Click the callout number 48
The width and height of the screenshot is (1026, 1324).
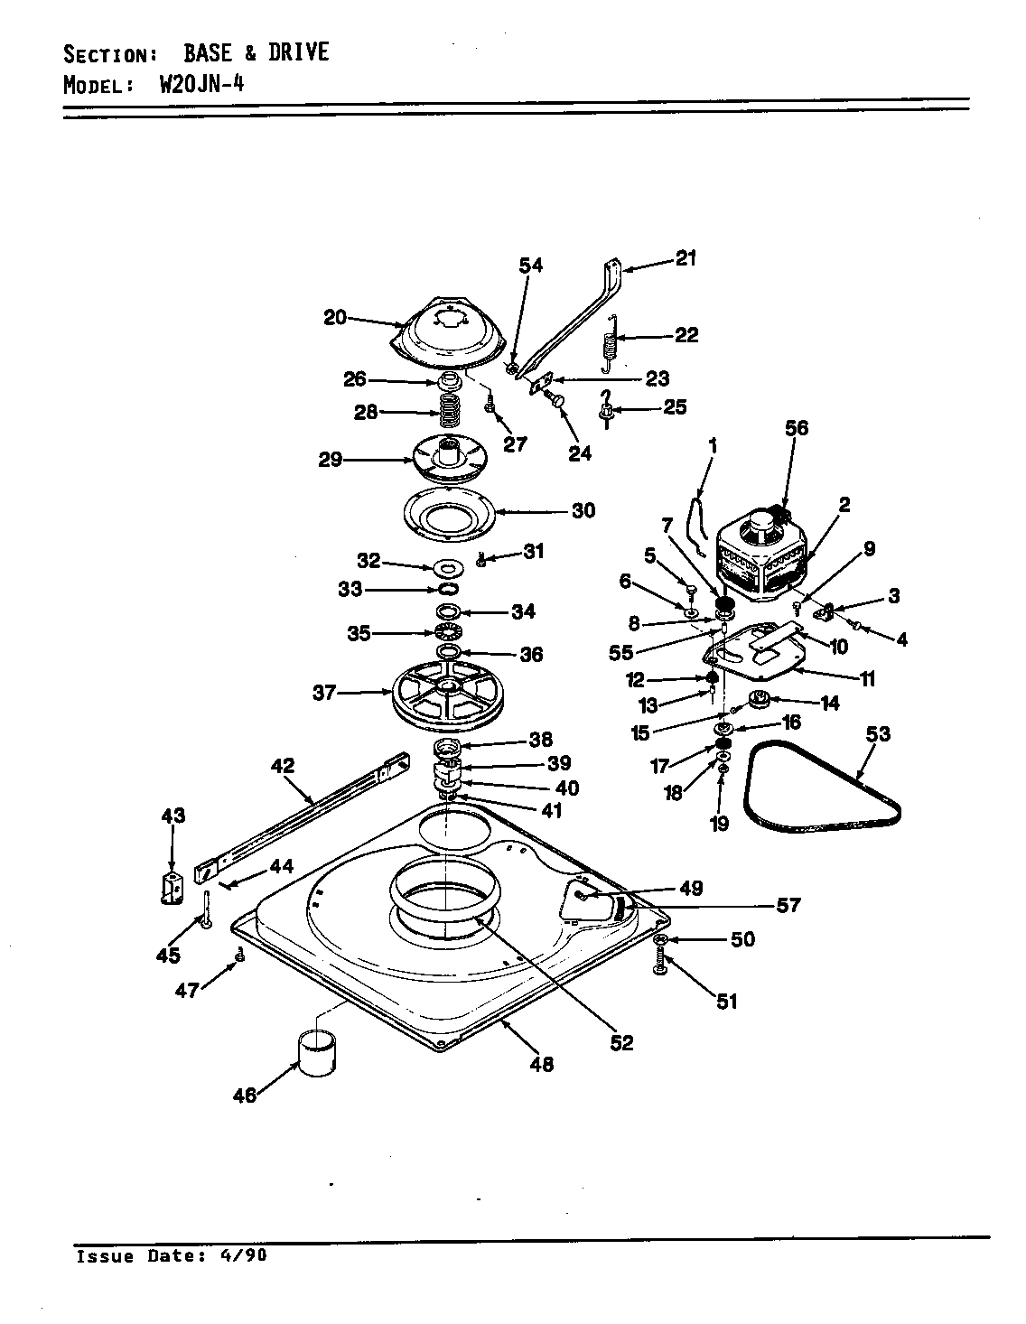[542, 1064]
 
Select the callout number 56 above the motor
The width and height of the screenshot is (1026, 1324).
[797, 428]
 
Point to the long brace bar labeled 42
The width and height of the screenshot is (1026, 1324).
[298, 813]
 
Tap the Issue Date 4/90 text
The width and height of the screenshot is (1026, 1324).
[172, 1256]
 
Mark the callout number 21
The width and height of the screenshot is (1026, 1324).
[686, 259]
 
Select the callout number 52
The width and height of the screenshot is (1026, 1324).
[621, 1042]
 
